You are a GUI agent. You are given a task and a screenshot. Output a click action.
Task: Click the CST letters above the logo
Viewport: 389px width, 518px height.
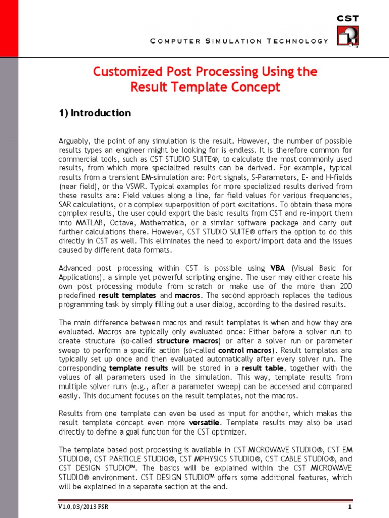[348, 18]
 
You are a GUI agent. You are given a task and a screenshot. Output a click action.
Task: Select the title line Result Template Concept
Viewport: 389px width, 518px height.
[205, 87]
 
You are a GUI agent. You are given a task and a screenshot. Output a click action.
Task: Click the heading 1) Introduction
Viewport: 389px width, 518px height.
[95, 113]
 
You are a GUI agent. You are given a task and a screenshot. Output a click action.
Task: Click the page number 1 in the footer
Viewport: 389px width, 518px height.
[349, 507]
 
